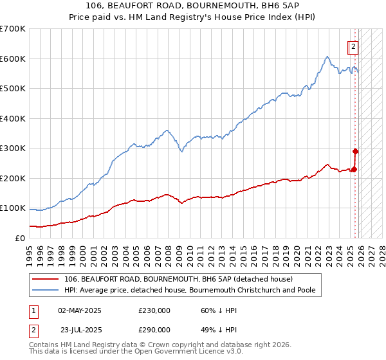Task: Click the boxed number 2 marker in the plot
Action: (x=354, y=46)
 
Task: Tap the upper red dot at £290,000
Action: (x=355, y=151)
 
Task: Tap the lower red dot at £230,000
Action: (x=354, y=169)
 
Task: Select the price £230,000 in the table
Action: (x=154, y=310)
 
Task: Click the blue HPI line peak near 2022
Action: (x=327, y=57)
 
